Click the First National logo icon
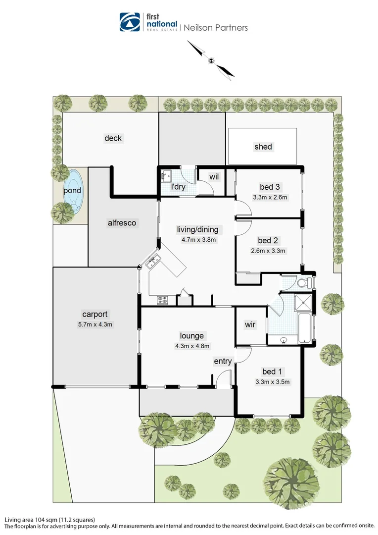click(x=130, y=22)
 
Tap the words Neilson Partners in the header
click(x=216, y=28)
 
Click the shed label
click(x=263, y=147)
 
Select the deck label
click(x=113, y=138)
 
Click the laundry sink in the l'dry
click(x=166, y=175)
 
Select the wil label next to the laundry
click(x=214, y=176)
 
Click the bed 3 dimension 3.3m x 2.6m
click(x=270, y=197)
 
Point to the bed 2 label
click(x=268, y=241)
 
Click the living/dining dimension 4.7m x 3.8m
click(x=197, y=239)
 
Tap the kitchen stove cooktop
click(x=163, y=299)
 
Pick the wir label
click(x=250, y=324)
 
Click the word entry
click(x=223, y=361)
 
